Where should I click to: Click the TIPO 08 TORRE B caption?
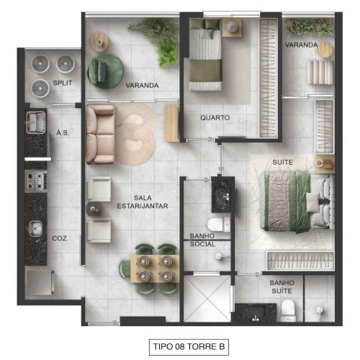[x=189, y=346]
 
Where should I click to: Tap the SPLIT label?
[x=63, y=83]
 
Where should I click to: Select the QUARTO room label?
[x=215, y=117]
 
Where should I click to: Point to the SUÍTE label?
[x=283, y=162]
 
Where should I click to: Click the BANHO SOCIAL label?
[x=202, y=240]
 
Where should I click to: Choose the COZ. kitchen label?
[x=60, y=238]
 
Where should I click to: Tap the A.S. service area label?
[x=63, y=132]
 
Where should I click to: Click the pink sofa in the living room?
[x=100, y=135]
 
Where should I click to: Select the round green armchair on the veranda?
[x=106, y=71]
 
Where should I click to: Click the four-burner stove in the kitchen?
[x=36, y=181]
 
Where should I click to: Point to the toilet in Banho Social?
[x=219, y=225]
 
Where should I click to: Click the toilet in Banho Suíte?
[x=287, y=310]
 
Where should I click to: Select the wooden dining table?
[x=155, y=269]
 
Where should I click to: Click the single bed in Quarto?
[x=205, y=55]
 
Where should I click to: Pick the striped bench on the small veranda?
[x=320, y=72]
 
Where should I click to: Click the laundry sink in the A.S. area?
[x=36, y=122]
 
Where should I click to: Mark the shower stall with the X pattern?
[x=207, y=298]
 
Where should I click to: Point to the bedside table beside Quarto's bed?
[x=232, y=27]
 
